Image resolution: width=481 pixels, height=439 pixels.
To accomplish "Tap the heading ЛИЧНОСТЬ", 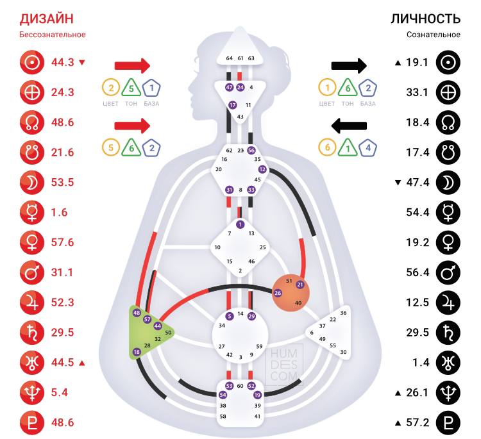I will pos(425,18).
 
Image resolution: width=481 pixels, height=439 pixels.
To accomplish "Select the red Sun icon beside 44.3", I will pos(31,62).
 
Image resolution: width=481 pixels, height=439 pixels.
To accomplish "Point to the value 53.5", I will pos(63,182).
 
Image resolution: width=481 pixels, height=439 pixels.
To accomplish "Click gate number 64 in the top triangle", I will pos(230,58).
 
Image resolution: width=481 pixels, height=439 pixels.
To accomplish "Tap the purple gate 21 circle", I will pos(300,285).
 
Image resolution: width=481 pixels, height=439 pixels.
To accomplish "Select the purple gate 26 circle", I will pos(278,293).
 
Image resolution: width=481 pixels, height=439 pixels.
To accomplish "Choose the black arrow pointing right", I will pos(348,65).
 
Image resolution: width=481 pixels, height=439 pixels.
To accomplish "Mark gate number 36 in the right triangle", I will pos(343,313).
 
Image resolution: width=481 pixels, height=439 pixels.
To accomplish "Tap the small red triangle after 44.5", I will pos(82,363).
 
